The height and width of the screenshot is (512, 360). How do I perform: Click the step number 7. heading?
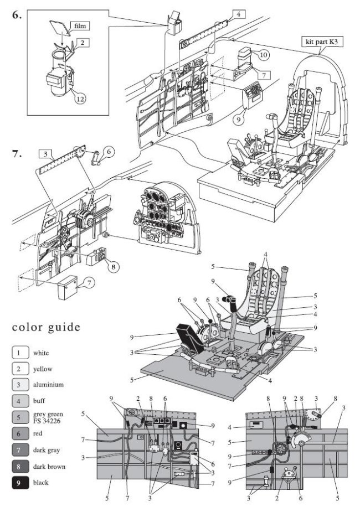coord(17,153)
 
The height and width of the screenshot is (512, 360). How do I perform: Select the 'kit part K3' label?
coord(321,42)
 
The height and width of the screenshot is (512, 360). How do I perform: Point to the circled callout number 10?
coord(264,55)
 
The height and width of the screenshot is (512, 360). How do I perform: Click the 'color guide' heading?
coord(46,327)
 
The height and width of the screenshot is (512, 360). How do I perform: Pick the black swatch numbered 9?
coord(19,483)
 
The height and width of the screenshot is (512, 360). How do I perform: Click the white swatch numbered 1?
coord(19,352)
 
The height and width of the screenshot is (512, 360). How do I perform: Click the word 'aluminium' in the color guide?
coord(48,385)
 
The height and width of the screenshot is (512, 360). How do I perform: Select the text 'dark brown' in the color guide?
coord(49,467)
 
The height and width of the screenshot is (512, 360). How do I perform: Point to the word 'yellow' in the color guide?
coord(43,369)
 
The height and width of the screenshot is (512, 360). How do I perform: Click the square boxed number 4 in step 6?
coord(237,13)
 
